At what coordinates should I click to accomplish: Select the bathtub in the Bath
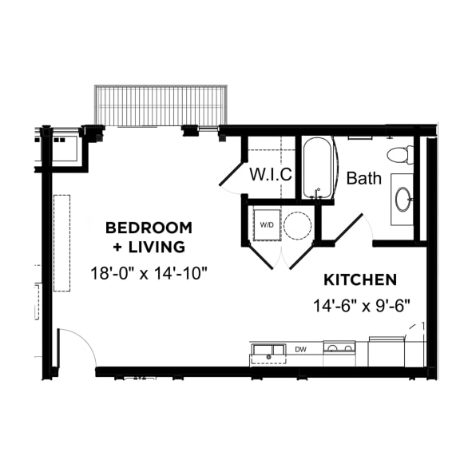pos(317,168)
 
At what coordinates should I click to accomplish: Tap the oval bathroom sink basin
pos(403,199)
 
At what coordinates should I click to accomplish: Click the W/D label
pos(267,225)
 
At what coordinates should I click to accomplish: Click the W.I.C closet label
pos(271,174)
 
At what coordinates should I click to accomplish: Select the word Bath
pos(364,178)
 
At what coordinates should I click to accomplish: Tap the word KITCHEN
pos(360,280)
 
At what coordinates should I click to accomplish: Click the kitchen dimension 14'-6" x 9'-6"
pos(361,306)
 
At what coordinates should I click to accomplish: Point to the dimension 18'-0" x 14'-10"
pos(149,273)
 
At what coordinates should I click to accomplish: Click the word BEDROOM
pos(149,228)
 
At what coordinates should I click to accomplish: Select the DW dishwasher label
pos(301,350)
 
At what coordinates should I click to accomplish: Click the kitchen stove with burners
pos(339,353)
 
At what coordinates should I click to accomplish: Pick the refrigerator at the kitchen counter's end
pos(387,351)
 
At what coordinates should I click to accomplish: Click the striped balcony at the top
pos(161,106)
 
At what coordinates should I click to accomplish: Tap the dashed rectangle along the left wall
pos(62,243)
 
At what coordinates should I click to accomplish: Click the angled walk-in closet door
pos(231,173)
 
